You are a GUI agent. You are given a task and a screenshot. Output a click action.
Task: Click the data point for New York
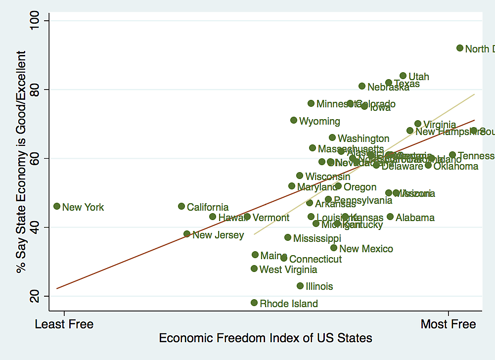(x=57, y=206)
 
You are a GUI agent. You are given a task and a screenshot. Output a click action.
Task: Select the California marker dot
(x=181, y=206)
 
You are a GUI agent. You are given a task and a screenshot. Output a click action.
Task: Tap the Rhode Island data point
(x=254, y=303)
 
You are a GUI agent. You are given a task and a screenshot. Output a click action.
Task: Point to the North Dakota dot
(x=460, y=48)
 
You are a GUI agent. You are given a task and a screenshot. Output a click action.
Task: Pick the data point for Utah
(x=403, y=76)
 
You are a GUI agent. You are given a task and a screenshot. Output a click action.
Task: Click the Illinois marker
(x=300, y=286)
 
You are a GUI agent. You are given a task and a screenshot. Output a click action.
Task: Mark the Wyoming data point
(x=294, y=120)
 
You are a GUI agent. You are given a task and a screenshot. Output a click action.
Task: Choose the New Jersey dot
(x=187, y=234)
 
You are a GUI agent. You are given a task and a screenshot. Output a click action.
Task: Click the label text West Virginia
(x=288, y=270)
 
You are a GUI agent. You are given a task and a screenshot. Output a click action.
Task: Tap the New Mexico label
(x=366, y=249)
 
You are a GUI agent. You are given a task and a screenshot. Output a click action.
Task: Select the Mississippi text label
(x=317, y=239)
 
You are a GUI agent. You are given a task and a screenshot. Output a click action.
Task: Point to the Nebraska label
(x=388, y=88)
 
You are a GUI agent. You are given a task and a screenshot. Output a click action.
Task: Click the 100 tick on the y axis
(x=39, y=21)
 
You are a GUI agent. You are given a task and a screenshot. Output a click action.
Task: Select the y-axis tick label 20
(x=39, y=296)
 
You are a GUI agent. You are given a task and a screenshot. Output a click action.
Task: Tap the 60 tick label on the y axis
(x=39, y=158)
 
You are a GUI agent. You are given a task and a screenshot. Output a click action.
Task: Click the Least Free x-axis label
(x=64, y=324)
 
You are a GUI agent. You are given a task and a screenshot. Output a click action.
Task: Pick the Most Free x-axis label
(x=448, y=324)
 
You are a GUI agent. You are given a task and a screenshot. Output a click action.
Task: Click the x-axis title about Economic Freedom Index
(x=266, y=339)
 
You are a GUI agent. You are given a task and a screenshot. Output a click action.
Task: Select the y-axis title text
(x=20, y=162)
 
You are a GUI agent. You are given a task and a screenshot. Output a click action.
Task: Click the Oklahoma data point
(x=428, y=165)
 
